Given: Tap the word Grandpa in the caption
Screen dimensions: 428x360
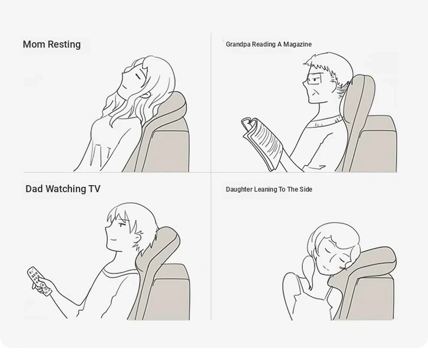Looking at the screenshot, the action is point(237,44).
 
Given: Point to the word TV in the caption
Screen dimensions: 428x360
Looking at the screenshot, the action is point(94,189).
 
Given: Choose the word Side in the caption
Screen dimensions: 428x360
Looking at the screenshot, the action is point(306,189).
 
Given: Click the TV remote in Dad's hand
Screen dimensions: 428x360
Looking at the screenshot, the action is point(39,282).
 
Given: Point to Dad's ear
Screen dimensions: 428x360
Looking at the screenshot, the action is point(138,238).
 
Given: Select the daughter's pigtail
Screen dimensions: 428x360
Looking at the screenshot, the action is point(308,271).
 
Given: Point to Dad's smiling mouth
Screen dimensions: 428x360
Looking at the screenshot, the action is point(112,240).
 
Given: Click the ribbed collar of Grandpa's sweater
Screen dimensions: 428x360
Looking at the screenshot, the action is point(325,121).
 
